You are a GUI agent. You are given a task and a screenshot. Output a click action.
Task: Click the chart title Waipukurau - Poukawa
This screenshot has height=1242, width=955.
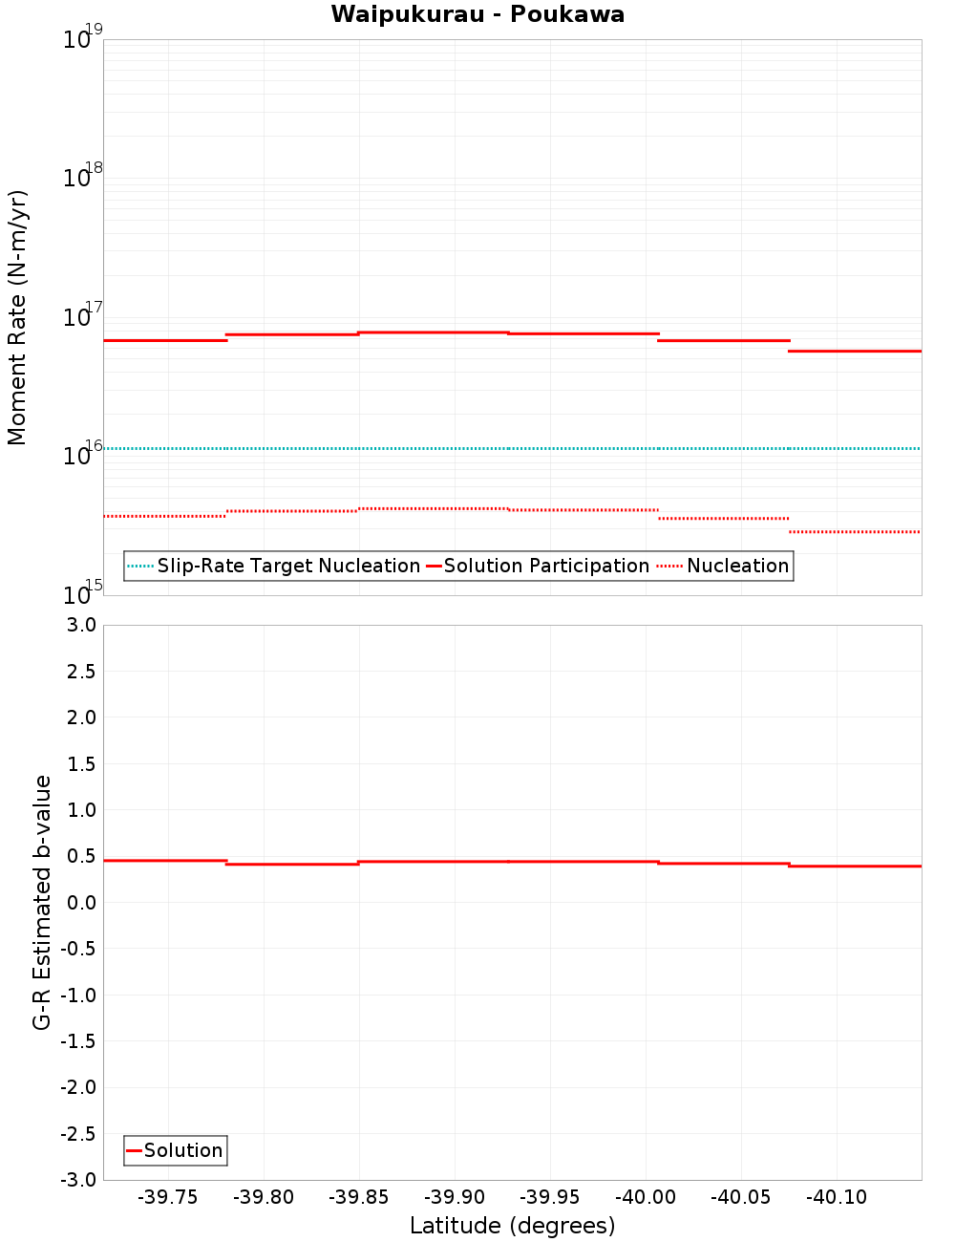[477, 14]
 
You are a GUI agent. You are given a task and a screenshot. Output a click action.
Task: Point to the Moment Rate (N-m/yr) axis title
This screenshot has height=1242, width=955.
[17, 317]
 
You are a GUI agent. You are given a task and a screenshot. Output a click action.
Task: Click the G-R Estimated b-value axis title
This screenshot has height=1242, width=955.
[42, 902]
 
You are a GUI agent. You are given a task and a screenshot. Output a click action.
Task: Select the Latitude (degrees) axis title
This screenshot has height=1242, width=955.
[512, 1226]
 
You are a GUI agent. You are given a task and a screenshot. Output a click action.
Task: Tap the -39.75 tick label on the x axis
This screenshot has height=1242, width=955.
[168, 1198]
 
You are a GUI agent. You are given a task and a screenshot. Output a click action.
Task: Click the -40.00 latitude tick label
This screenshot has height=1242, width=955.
[646, 1198]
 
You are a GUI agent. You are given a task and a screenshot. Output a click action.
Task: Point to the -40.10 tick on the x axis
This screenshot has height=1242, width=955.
[837, 1198]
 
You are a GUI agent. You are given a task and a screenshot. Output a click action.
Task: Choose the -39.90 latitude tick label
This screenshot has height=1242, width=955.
[455, 1198]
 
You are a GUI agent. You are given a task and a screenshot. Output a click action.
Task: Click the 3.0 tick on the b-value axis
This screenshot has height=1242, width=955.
[80, 626]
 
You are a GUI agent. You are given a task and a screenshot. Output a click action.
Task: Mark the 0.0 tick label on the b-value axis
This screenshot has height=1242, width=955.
[80, 903]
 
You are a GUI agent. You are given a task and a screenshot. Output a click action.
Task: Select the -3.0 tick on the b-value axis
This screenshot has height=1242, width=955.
[77, 1180]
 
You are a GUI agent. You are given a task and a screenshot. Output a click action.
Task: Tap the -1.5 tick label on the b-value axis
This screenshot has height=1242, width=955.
[77, 1041]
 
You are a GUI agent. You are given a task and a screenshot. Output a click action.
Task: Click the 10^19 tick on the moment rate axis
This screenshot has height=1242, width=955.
[82, 38]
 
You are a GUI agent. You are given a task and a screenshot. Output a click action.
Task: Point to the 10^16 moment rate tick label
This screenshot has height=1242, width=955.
[82, 454]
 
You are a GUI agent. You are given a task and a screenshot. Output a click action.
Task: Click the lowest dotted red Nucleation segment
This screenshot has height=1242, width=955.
[855, 532]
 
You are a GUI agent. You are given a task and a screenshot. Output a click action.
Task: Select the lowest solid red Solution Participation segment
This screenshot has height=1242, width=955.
[855, 352]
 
